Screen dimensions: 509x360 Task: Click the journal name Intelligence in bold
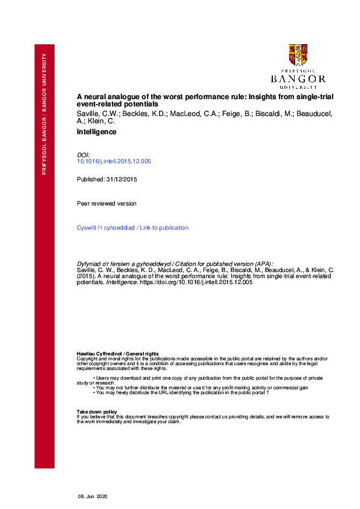96,132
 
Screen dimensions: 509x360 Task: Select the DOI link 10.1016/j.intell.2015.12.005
114,161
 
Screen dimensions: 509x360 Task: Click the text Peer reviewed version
106,203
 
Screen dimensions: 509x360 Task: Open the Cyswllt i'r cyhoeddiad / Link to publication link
133,228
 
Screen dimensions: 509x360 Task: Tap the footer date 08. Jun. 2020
92,496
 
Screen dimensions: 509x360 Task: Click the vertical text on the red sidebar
44,114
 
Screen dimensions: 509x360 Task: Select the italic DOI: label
83,155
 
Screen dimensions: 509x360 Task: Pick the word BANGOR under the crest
298,79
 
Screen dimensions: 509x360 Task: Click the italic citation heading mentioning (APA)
175,264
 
